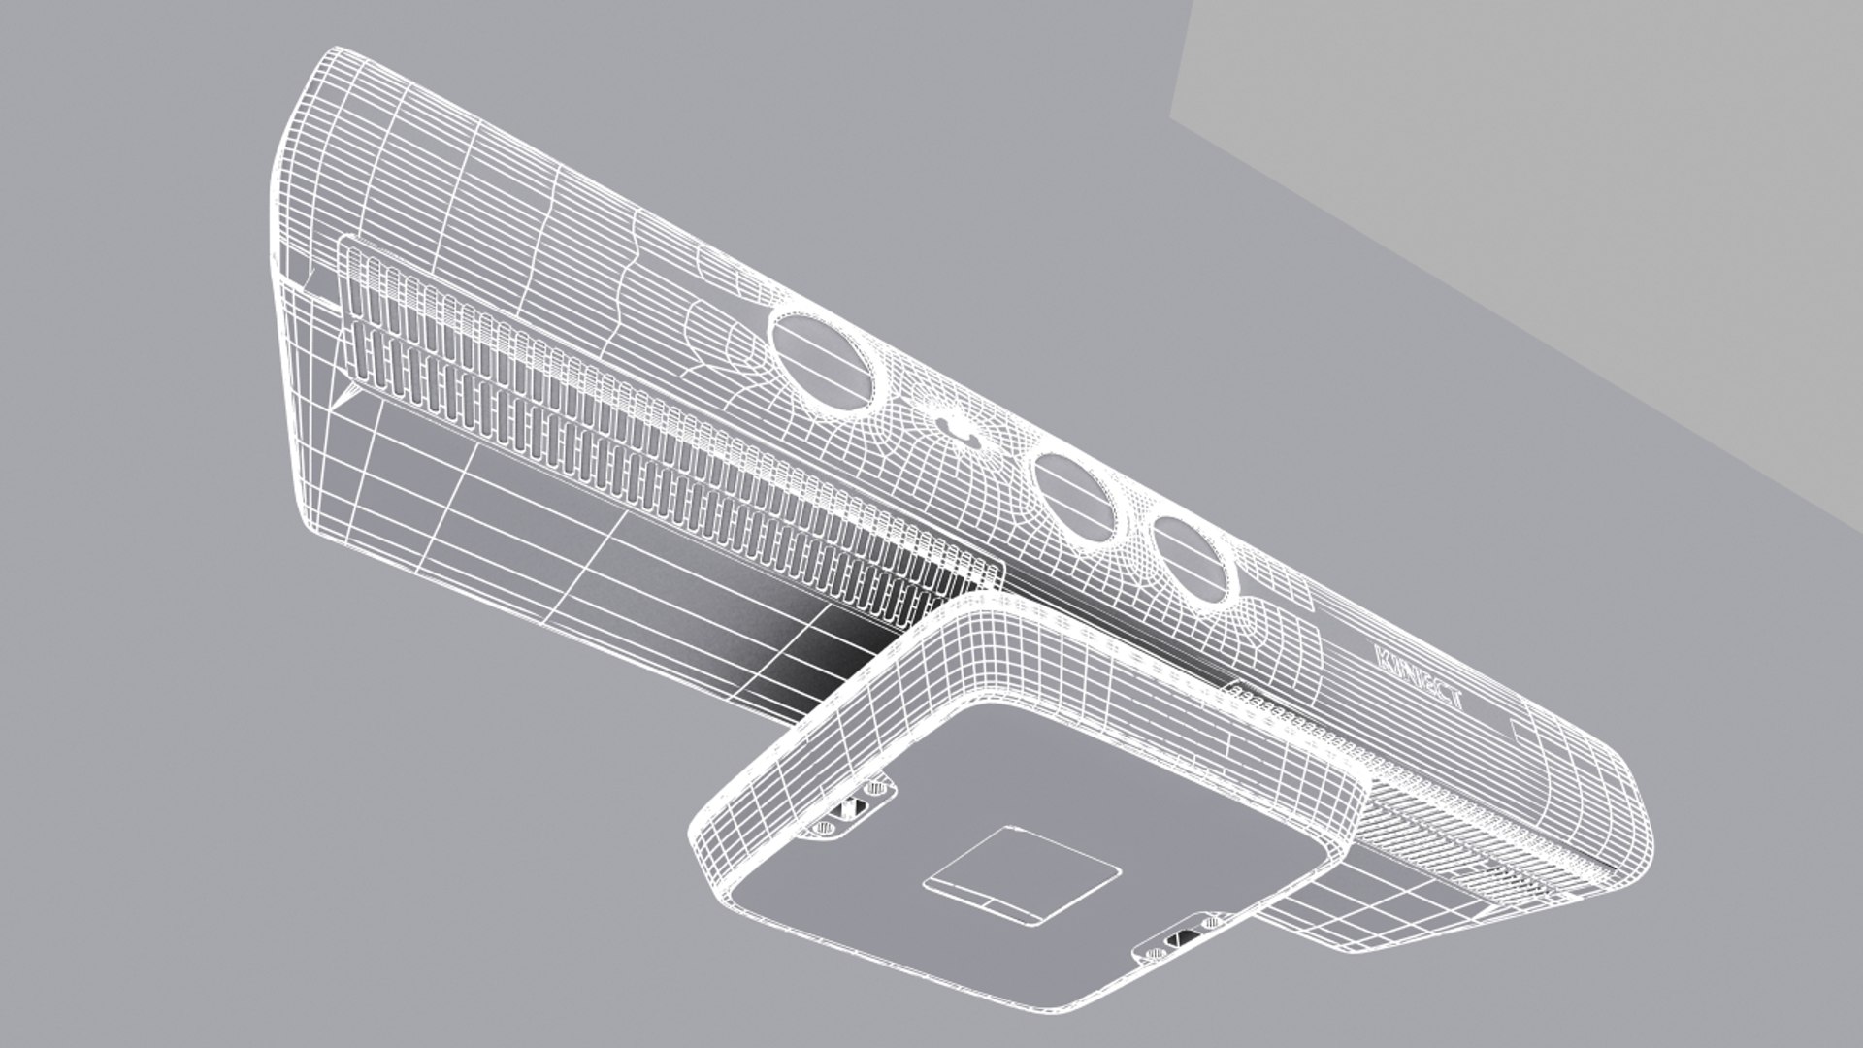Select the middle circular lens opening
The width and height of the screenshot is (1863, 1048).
click(x=1071, y=495)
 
